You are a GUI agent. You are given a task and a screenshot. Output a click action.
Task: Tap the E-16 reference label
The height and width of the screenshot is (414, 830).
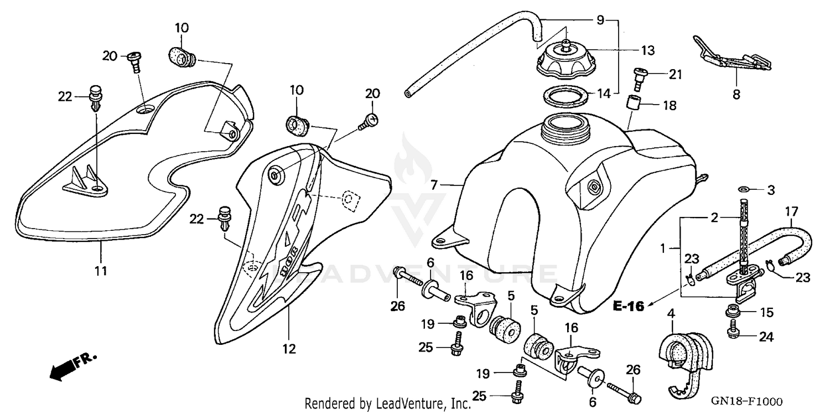(629, 306)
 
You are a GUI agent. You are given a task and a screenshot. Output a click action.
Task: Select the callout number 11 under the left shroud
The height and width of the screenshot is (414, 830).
(101, 271)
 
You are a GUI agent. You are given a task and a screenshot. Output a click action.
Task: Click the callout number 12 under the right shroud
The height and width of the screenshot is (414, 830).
(289, 349)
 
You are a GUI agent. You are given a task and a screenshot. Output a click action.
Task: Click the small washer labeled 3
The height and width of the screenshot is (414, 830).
(745, 190)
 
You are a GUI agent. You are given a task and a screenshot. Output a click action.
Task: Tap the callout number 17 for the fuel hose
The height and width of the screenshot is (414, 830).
(792, 211)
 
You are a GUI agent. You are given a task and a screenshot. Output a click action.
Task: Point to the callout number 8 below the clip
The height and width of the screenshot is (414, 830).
(736, 95)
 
